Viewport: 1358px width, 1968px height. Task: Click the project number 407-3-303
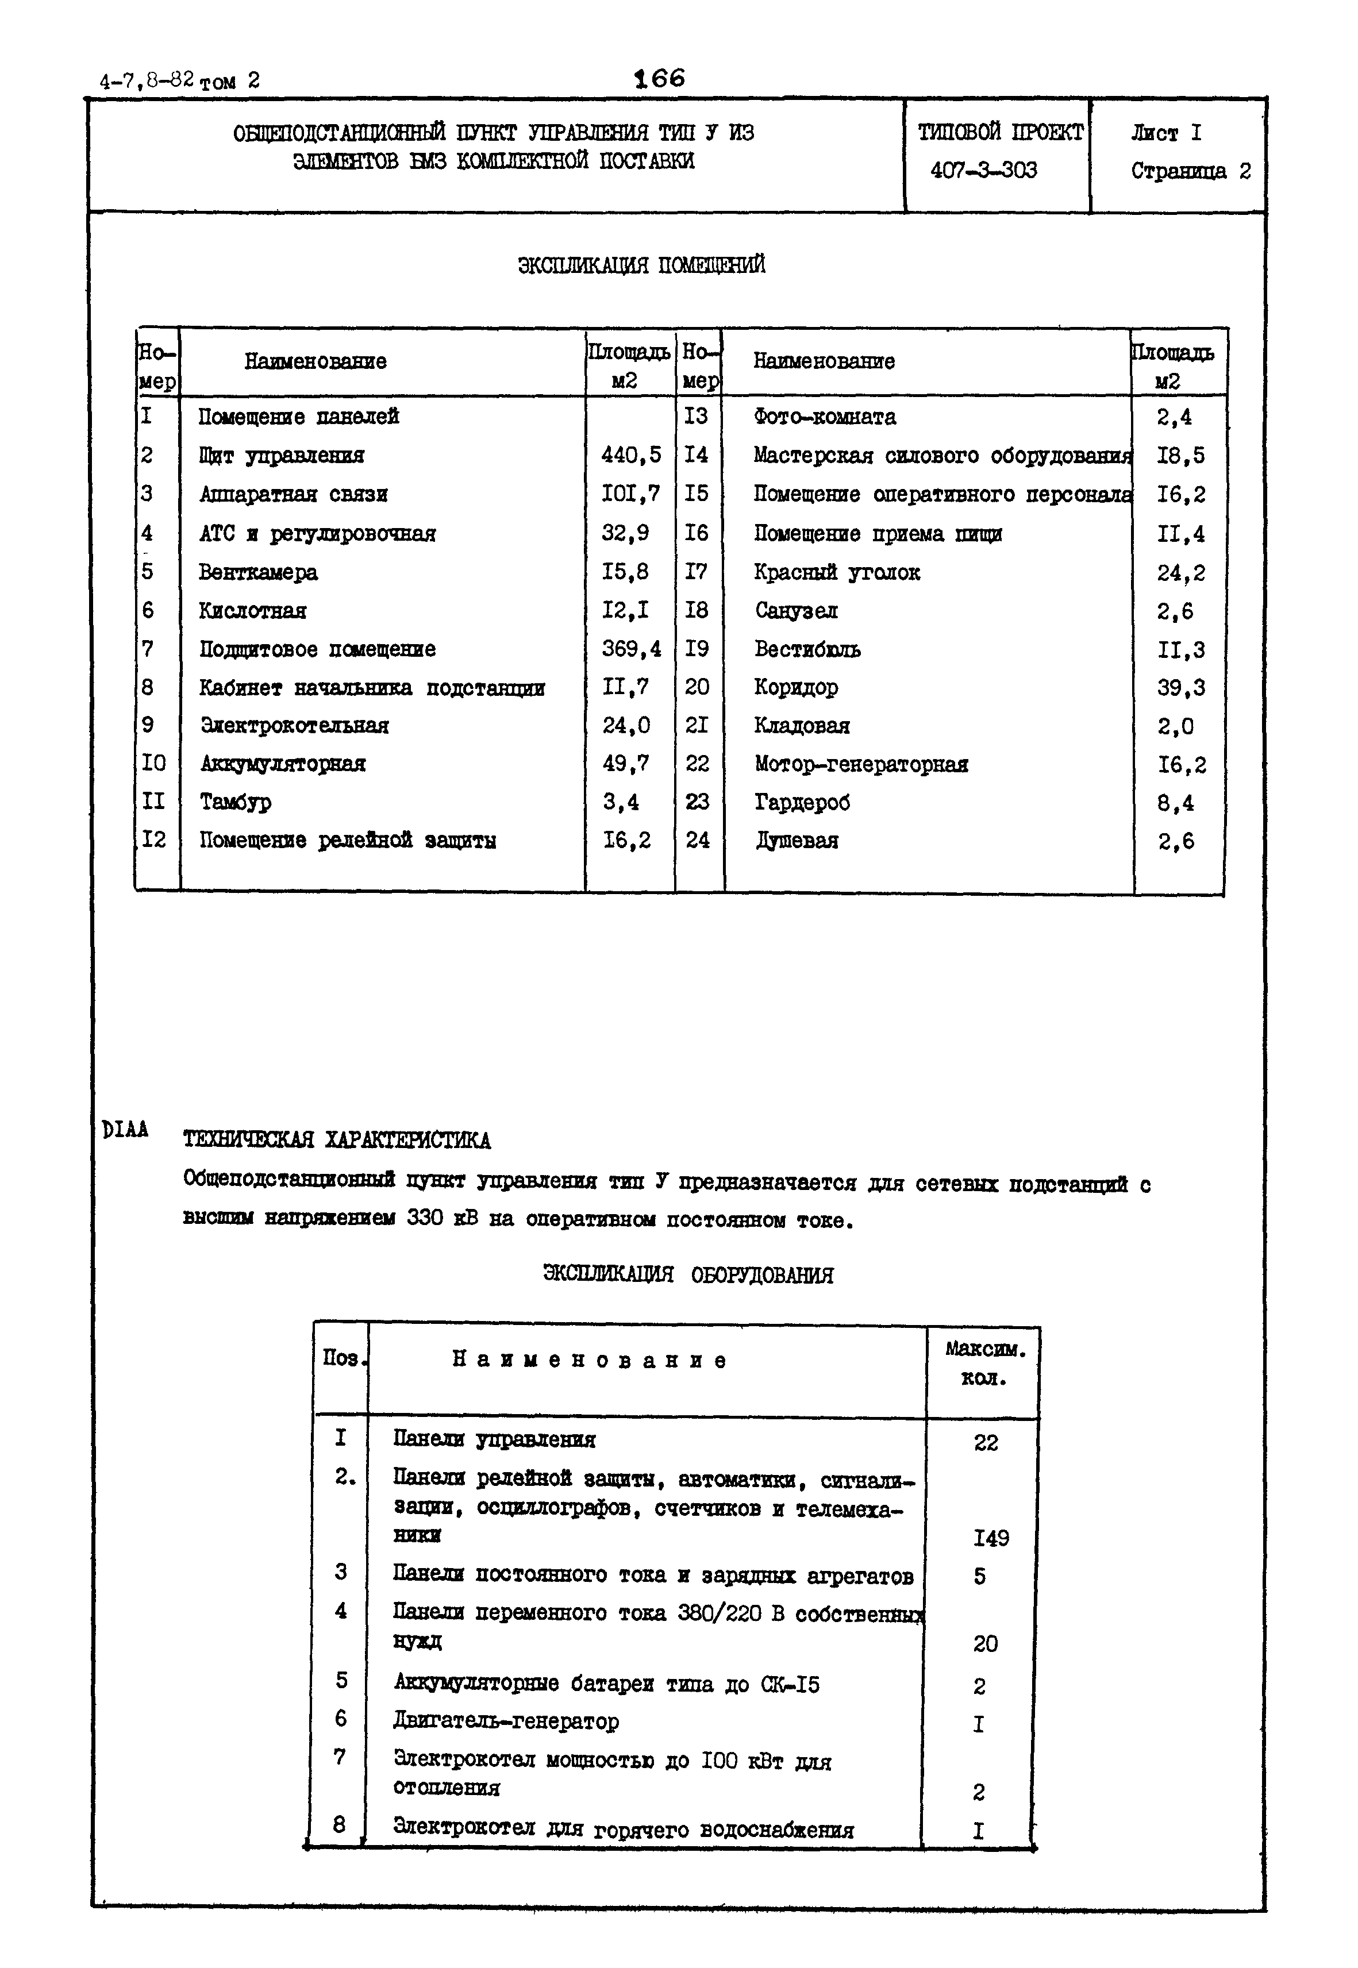pyautogui.click(x=984, y=170)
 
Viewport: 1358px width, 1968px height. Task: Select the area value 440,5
pyautogui.click(x=630, y=455)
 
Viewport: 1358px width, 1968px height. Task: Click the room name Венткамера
pyautogui.click(x=258, y=572)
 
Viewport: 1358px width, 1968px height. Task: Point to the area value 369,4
pyautogui.click(x=630, y=649)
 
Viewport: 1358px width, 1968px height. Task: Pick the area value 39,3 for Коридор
pyautogui.click(x=1180, y=687)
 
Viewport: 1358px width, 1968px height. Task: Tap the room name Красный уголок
pyautogui.click(x=836, y=572)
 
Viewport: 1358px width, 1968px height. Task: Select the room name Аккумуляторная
pyautogui.click(x=283, y=763)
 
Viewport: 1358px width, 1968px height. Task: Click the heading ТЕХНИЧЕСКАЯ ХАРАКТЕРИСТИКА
pyautogui.click(x=336, y=1139)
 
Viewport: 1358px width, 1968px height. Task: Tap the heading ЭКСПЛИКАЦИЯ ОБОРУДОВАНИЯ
pyautogui.click(x=687, y=1274)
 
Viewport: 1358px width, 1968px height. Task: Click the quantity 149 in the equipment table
pyautogui.click(x=990, y=1538)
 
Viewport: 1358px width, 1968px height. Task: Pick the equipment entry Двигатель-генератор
pyautogui.click(x=505, y=1720)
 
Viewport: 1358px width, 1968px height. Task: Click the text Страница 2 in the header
pyautogui.click(x=1190, y=171)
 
